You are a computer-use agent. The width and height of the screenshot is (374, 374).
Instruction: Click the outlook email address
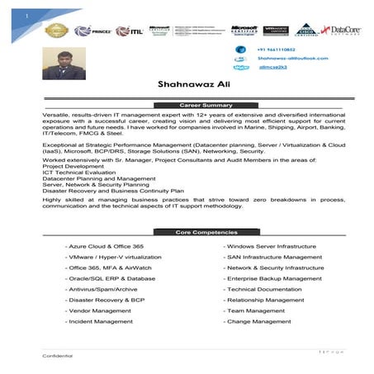tap(292, 59)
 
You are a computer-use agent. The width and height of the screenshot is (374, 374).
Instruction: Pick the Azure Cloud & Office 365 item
tap(107, 246)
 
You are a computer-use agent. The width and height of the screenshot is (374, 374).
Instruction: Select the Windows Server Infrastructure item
tap(271, 246)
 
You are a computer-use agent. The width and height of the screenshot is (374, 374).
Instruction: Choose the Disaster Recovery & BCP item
tap(106, 300)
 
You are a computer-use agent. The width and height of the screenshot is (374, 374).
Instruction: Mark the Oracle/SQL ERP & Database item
tap(113, 278)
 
